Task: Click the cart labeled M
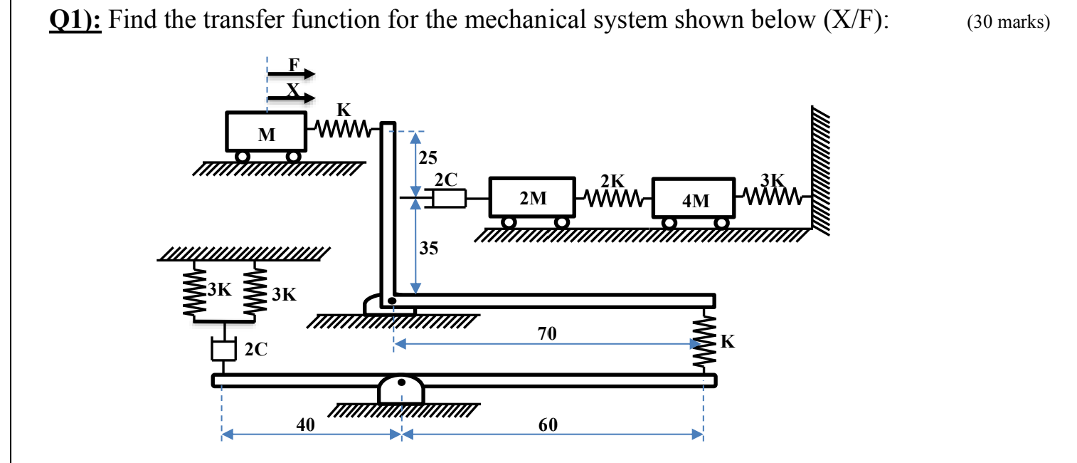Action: (267, 132)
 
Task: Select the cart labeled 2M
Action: (533, 198)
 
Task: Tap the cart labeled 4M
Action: (694, 199)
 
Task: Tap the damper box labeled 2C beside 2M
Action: (449, 198)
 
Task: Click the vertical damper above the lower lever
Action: (223, 350)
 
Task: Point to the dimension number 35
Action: (429, 248)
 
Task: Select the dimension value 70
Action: (548, 333)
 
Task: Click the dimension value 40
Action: (305, 425)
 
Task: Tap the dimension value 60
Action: (548, 425)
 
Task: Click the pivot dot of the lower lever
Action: (401, 383)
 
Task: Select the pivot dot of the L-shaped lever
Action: (391, 301)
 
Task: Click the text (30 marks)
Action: (1008, 22)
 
